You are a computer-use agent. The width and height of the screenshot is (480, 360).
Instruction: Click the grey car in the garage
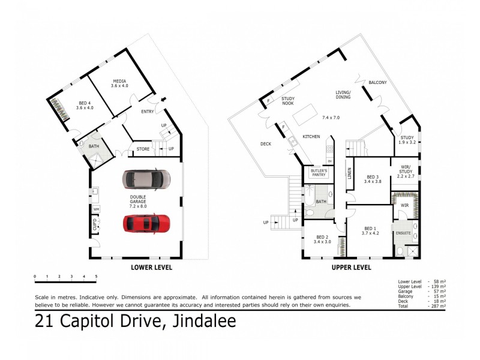point(147,179)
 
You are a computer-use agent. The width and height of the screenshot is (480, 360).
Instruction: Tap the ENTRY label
point(148,112)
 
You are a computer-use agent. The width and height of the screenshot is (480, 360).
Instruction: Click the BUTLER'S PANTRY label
point(318,173)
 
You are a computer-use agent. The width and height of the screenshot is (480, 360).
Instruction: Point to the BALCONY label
point(377,82)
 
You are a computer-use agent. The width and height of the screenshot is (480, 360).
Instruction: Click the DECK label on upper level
point(266,143)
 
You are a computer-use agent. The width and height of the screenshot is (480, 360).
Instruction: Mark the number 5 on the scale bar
point(96,277)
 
